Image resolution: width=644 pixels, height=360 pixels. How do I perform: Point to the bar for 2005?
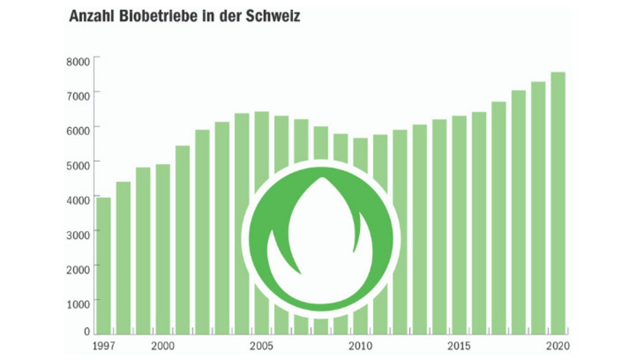[x=262, y=147]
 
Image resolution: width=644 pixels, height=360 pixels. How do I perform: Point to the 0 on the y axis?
[x=87, y=331]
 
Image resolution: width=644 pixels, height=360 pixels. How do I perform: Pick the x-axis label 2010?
[x=361, y=346]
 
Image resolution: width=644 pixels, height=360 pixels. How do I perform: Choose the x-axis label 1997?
[x=103, y=346]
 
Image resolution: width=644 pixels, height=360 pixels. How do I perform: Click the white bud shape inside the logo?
[x=322, y=239]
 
